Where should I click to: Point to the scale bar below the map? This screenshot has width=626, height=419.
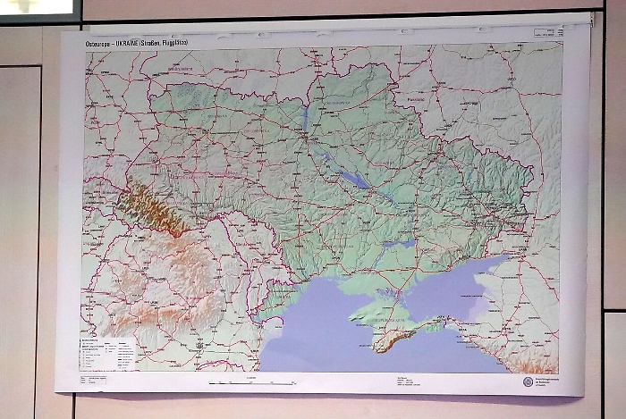[251, 382]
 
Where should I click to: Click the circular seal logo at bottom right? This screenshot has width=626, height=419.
[528, 381]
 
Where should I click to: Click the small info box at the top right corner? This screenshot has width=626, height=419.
[546, 33]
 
